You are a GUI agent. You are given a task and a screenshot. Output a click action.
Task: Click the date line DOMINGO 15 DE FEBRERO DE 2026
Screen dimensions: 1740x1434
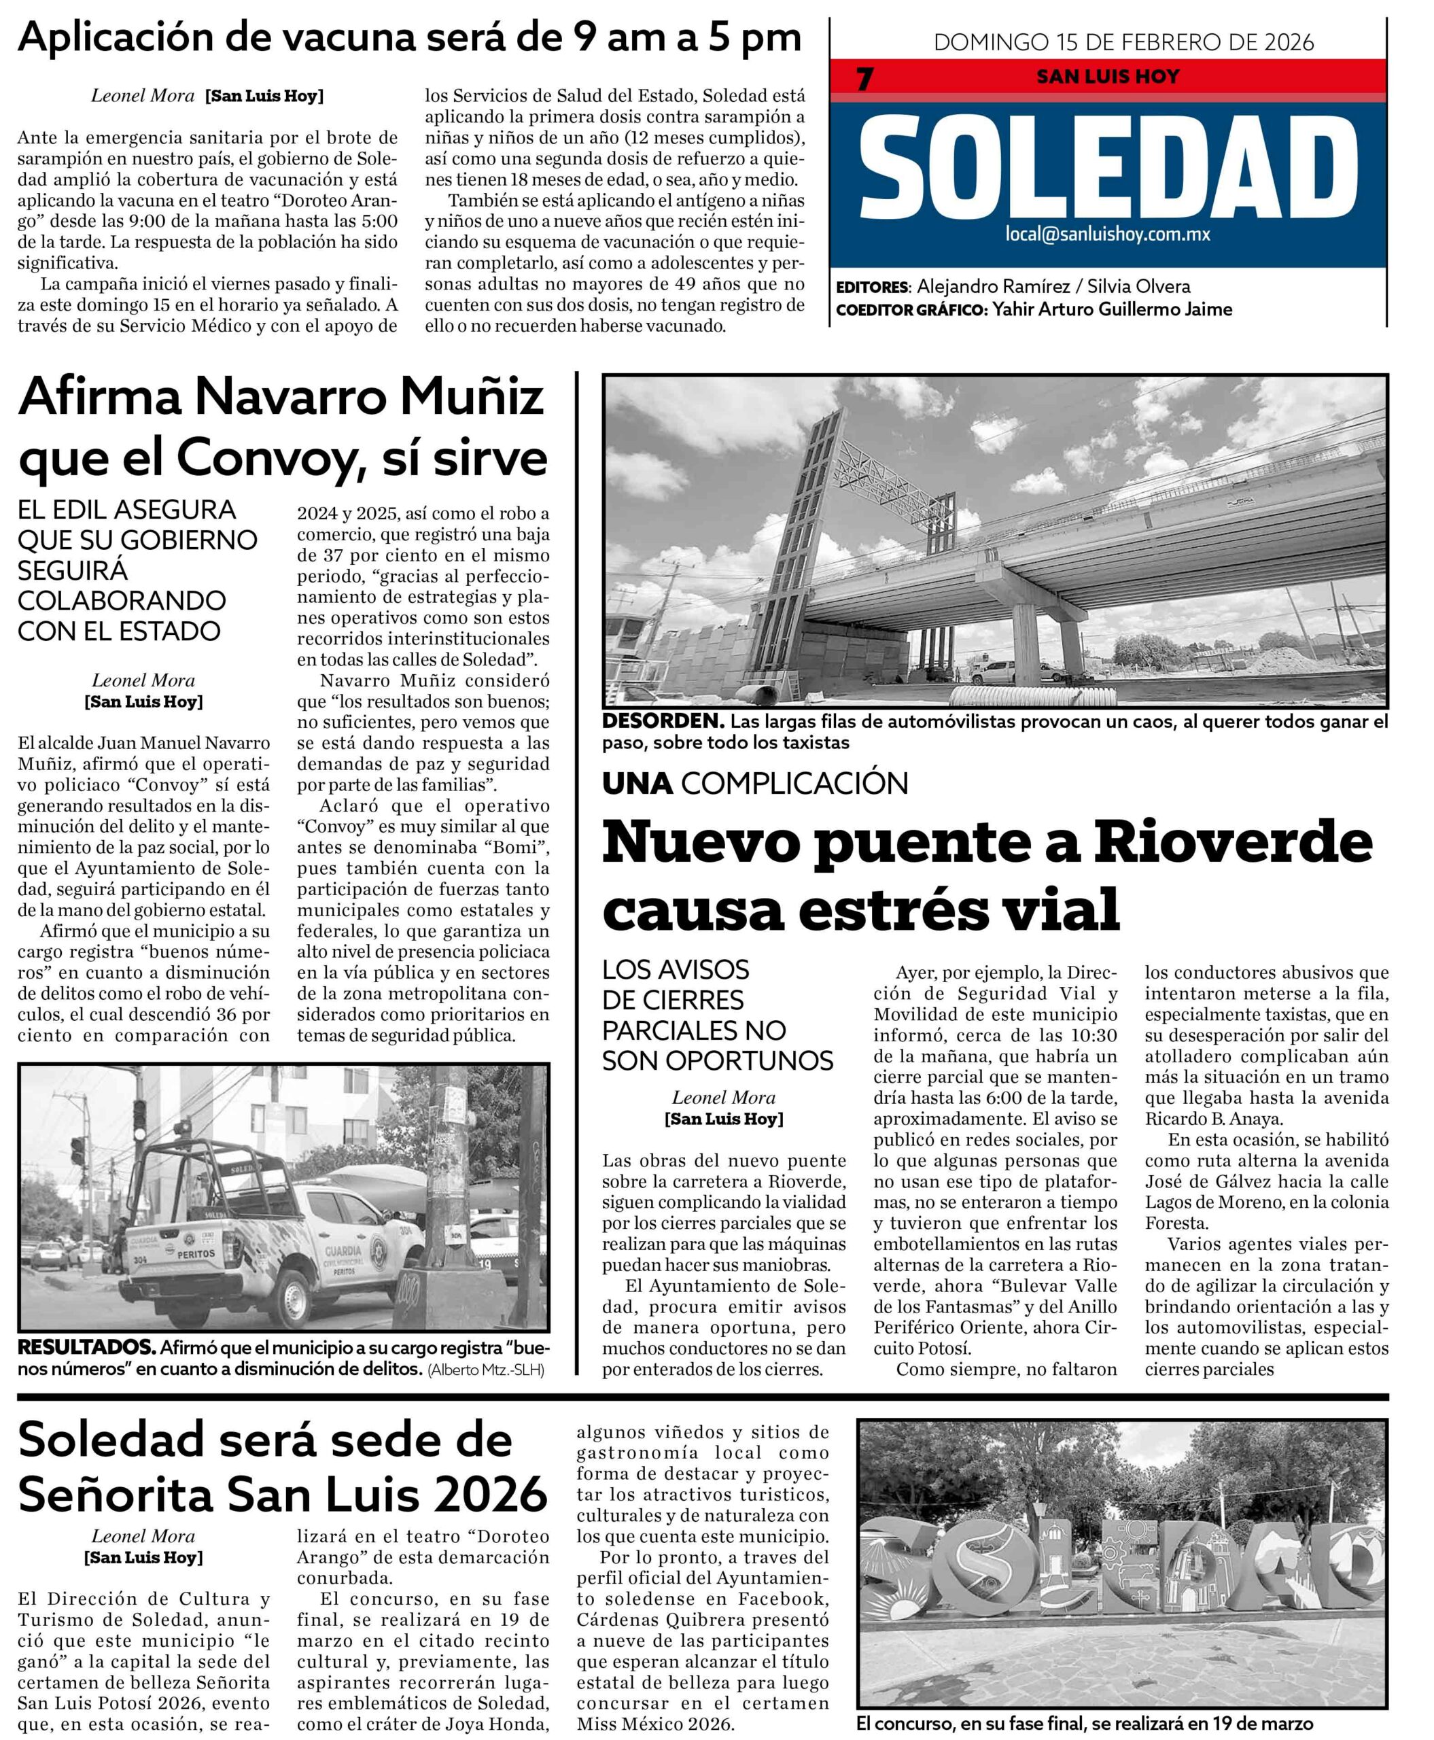(1123, 42)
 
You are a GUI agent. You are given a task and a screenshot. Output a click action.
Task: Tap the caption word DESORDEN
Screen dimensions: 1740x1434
(663, 721)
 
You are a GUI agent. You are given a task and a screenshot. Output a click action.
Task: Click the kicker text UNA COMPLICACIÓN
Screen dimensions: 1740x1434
(755, 783)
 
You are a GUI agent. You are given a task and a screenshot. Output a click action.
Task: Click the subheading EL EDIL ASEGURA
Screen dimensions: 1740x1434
(126, 510)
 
